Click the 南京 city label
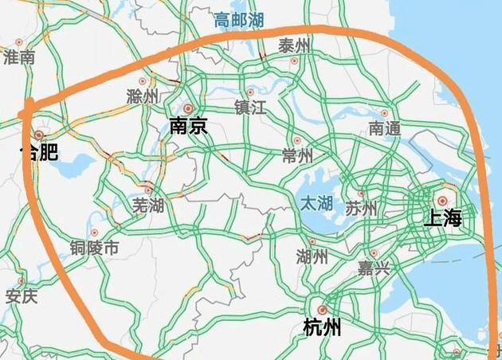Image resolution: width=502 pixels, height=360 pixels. point(189,125)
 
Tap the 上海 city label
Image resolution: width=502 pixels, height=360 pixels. point(443,217)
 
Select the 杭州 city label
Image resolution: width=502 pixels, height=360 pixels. point(323,327)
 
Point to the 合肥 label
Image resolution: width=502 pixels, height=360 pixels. point(39,151)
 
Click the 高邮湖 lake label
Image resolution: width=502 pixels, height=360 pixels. point(239,22)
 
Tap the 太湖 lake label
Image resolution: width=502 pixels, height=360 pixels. point(316,203)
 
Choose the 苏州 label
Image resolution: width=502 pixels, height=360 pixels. point(361,209)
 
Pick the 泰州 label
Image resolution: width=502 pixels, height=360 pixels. point(295,47)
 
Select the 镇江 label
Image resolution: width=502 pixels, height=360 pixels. point(250,108)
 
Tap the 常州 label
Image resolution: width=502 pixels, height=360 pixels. point(298,155)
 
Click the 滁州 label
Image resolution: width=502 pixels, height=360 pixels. point(143,96)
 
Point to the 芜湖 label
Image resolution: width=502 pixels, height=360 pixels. point(148,205)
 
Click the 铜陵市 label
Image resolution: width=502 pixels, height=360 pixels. point(94,248)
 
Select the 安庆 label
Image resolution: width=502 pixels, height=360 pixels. point(22,297)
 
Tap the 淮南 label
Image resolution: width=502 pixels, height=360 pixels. point(19,57)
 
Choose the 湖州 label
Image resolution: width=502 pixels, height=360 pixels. point(312,256)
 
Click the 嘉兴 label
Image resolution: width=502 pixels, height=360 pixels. point(374,268)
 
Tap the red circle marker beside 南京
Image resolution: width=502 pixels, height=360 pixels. point(188,108)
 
